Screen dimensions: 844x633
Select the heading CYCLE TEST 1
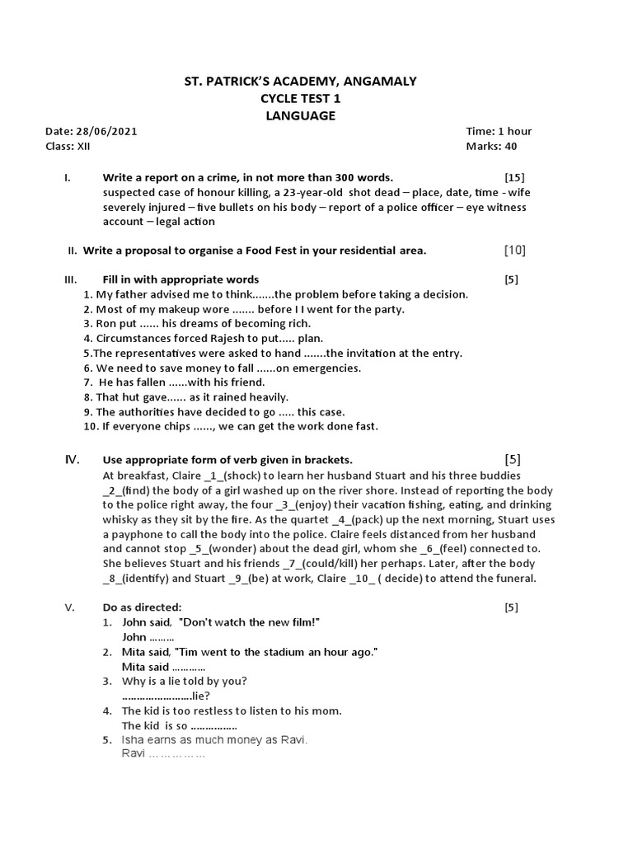(x=300, y=98)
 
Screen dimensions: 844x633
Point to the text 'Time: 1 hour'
(x=499, y=131)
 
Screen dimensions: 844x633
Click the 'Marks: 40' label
(x=492, y=147)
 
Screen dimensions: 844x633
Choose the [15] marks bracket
(x=514, y=177)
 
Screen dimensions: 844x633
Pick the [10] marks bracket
(x=514, y=250)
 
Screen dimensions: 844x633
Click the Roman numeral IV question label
(x=72, y=459)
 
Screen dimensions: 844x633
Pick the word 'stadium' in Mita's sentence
(x=278, y=652)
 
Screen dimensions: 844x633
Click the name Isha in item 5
(x=134, y=740)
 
